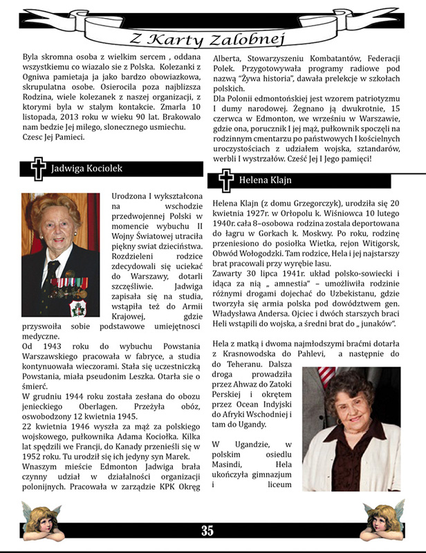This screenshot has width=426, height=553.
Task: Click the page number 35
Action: point(207,531)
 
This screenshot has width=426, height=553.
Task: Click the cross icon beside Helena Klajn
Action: point(225,181)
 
